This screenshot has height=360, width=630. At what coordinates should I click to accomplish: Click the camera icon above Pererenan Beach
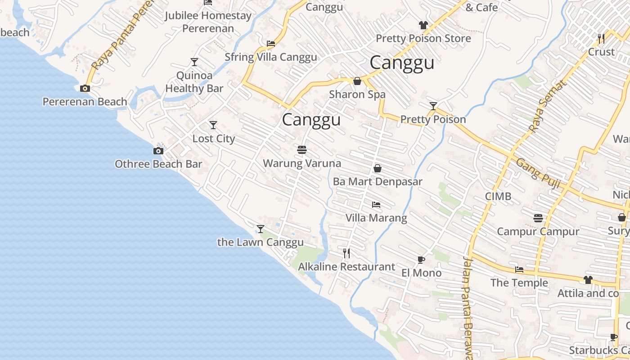85,89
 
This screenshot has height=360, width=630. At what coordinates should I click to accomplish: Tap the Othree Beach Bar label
158,164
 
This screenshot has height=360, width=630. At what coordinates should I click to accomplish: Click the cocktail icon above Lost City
213,125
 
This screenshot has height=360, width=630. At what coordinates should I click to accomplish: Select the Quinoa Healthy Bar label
194,82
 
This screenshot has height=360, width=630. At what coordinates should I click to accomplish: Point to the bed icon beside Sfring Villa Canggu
270,44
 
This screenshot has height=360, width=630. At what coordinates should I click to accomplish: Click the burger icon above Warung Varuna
302,149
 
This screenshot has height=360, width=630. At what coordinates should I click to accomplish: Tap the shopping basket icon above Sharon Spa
357,81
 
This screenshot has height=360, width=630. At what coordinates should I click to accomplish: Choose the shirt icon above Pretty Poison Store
423,25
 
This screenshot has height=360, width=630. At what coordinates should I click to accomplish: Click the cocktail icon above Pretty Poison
433,106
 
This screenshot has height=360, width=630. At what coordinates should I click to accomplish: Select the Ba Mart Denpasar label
378,182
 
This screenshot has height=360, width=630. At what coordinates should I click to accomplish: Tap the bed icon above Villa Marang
376,205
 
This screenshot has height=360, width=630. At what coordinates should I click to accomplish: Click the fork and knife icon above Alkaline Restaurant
346,253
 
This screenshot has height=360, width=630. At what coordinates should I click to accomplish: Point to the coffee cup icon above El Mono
421,260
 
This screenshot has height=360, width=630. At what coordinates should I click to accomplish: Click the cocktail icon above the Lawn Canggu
260,229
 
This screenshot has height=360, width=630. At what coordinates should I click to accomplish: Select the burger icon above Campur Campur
538,218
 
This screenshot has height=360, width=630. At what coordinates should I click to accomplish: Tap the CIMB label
498,196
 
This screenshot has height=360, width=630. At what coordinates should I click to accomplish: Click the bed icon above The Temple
519,270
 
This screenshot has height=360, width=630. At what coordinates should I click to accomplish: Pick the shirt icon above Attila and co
588,280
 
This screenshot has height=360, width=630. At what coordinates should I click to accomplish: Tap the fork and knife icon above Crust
601,39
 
